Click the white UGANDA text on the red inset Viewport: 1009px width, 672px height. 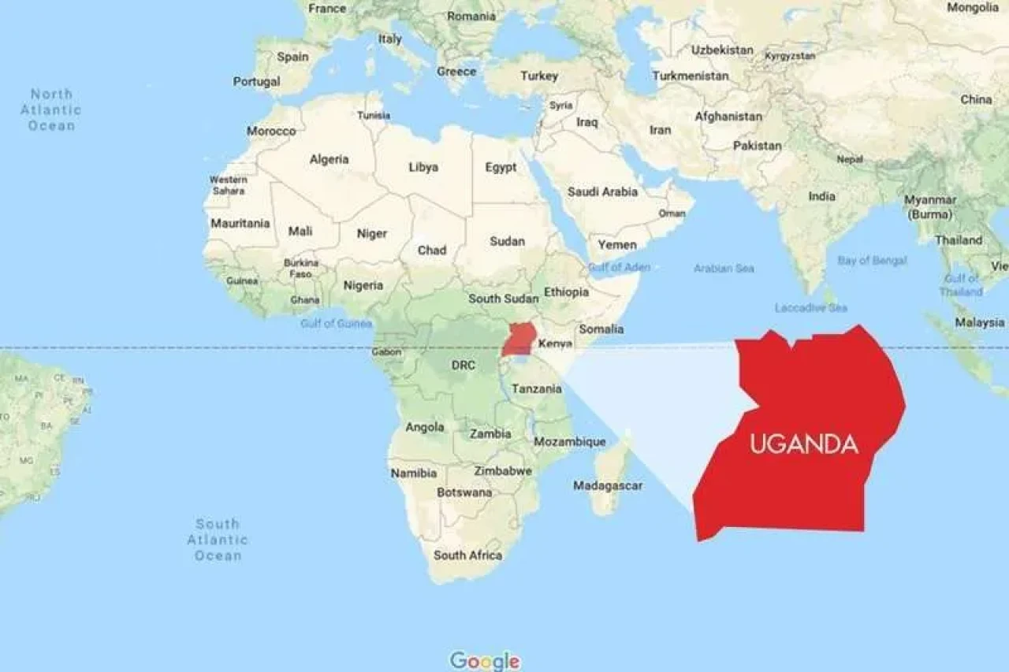(803, 444)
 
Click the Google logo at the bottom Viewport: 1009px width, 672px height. (485, 660)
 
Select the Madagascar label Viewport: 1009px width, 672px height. (607, 485)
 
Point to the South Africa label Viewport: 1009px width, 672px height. (467, 555)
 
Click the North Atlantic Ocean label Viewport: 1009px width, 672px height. (51, 110)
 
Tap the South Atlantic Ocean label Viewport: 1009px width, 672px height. (218, 540)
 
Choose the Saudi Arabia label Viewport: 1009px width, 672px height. (603, 191)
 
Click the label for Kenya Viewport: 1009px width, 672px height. (555, 344)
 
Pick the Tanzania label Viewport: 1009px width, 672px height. (536, 388)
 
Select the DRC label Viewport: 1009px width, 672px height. (463, 366)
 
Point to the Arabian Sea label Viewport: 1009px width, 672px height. (724, 269)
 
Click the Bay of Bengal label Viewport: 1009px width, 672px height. (873, 260)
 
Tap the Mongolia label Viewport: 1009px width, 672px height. (972, 8)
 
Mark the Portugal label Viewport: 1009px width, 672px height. (256, 81)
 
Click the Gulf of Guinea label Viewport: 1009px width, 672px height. (336, 323)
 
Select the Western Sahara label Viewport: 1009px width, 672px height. (228, 185)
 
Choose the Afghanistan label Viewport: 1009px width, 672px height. (728, 117)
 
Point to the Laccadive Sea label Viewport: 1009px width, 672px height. (811, 307)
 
